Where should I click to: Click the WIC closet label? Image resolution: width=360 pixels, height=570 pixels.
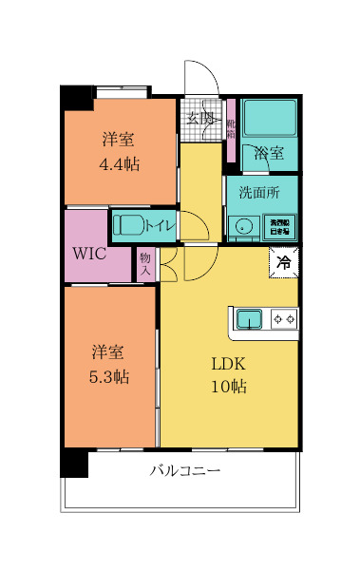[88, 254]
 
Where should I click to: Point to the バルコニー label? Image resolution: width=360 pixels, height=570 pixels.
[185, 471]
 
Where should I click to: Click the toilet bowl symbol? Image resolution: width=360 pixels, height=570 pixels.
[128, 225]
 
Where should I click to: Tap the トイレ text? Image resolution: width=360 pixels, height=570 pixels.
[159, 225]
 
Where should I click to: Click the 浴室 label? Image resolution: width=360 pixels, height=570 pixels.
[269, 153]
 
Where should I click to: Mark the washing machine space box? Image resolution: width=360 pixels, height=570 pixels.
[281, 226]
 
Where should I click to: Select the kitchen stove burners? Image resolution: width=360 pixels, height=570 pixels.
[284, 318]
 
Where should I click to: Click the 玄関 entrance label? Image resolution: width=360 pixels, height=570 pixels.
[199, 119]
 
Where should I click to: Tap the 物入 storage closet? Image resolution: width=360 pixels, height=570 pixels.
[145, 263]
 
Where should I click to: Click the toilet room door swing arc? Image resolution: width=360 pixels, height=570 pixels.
[195, 226]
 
